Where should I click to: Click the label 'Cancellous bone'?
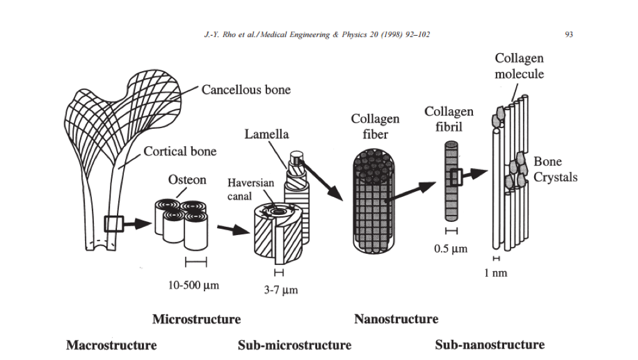click(x=246, y=90)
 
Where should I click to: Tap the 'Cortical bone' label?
click(x=180, y=151)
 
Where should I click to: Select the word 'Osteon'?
click(x=187, y=180)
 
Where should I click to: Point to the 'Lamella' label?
click(x=266, y=134)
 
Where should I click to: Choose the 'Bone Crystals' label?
click(x=555, y=169)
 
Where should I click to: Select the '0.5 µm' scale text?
click(x=451, y=249)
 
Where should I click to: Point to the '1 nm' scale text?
click(x=496, y=272)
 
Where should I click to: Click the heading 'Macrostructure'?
click(x=111, y=345)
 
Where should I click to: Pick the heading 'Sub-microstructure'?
click(x=295, y=345)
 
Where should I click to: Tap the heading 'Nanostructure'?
click(x=396, y=319)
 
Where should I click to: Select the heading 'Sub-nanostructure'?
click(x=490, y=344)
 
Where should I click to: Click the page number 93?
click(x=569, y=35)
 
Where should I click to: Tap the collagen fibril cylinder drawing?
click(x=452, y=181)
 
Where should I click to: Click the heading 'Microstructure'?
click(x=196, y=319)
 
